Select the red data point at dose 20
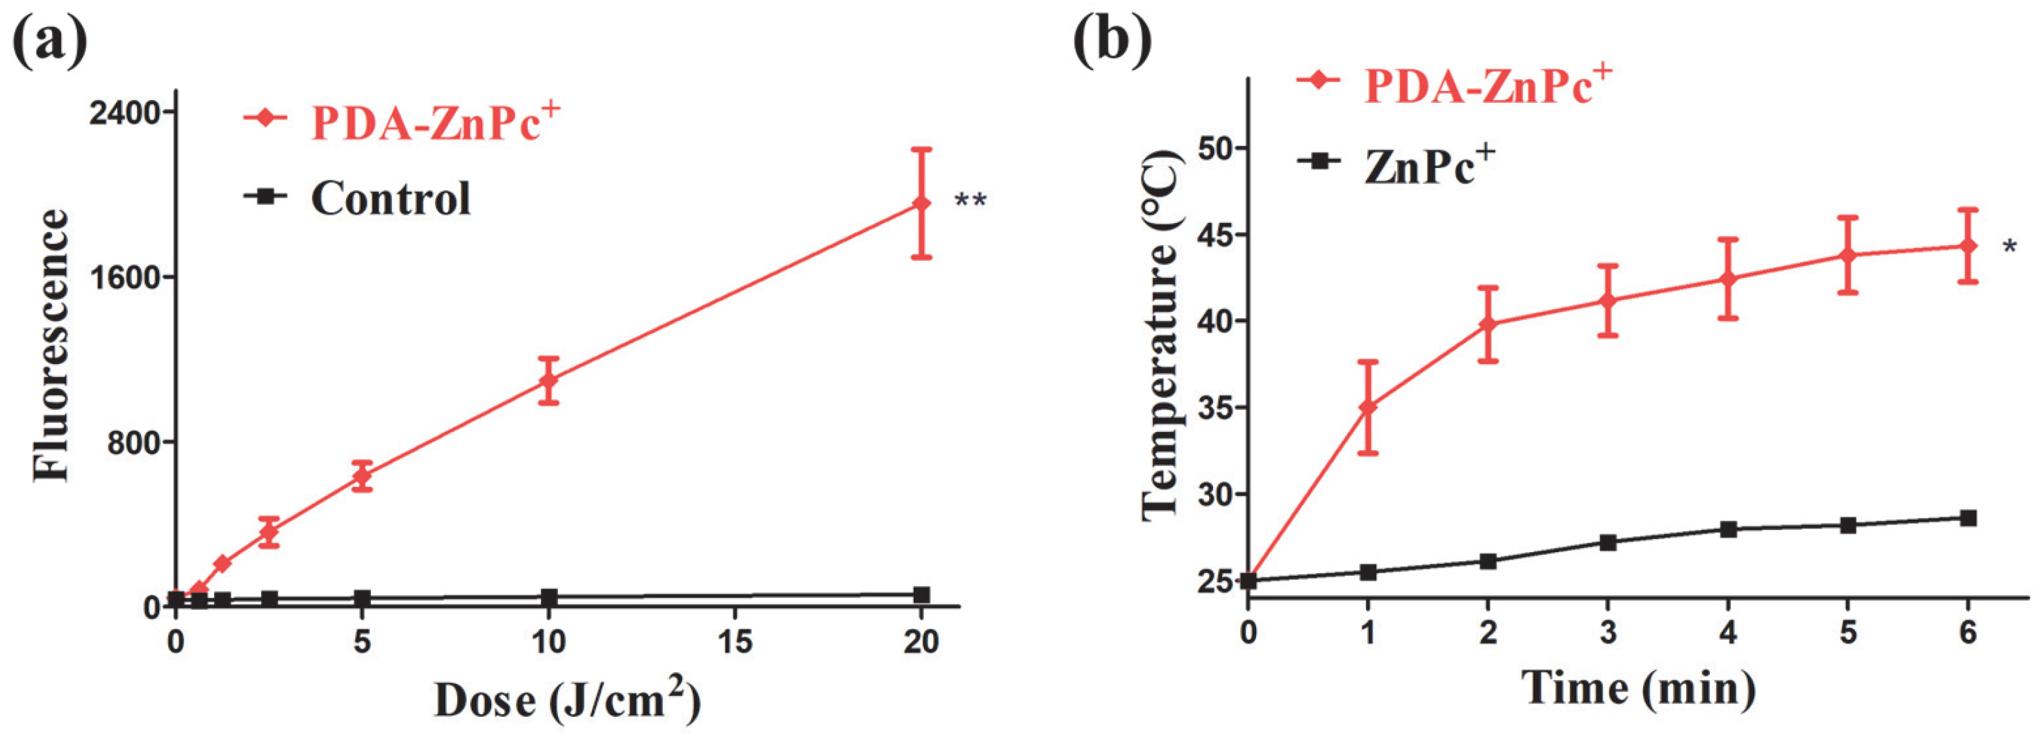click(x=921, y=204)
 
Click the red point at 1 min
click(x=1368, y=408)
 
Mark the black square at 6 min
click(x=1968, y=517)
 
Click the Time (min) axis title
click(x=1638, y=687)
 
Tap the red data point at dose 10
click(x=548, y=381)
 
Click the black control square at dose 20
click(x=921, y=595)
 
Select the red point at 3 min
click(x=1608, y=301)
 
